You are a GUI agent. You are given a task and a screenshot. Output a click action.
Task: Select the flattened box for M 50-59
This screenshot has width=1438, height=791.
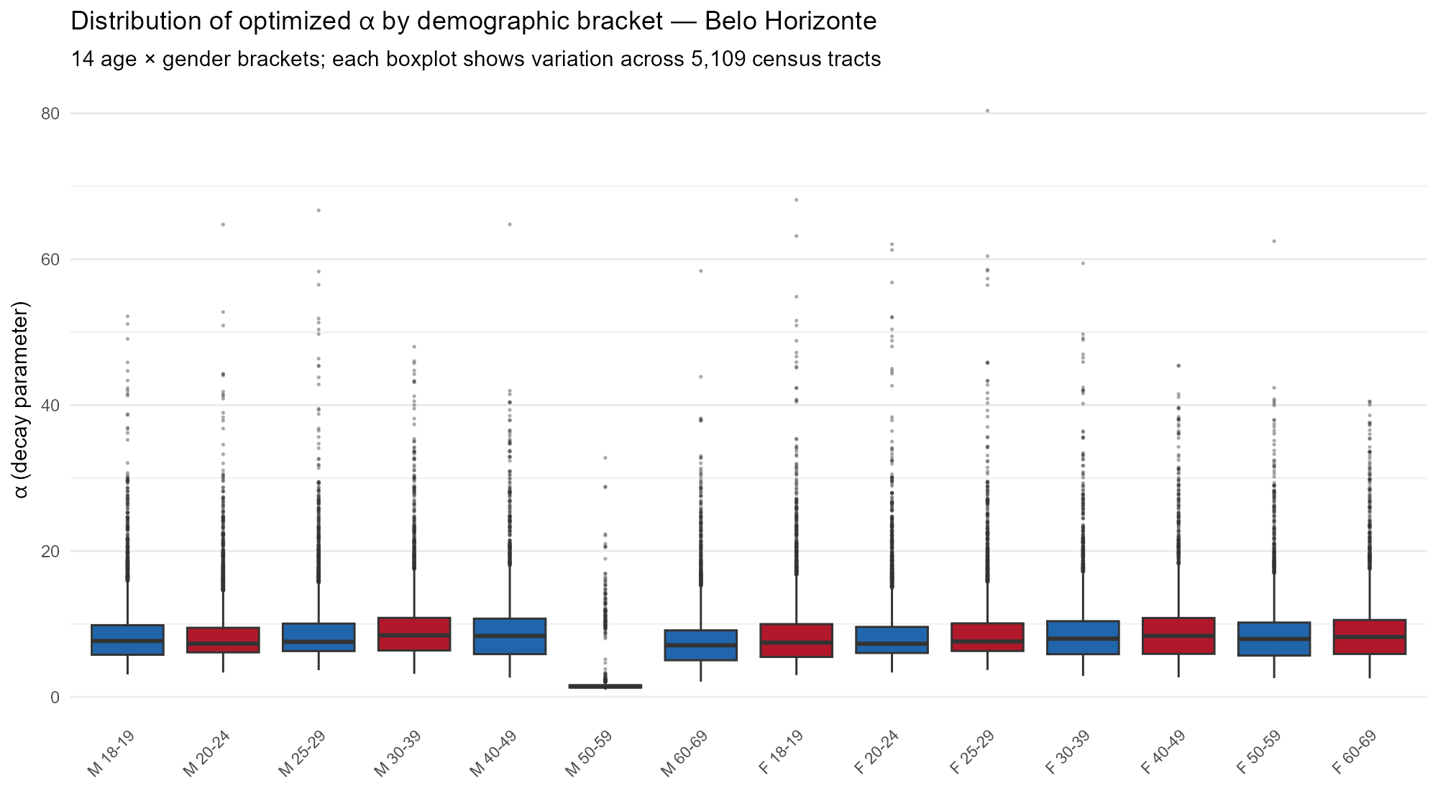[605, 686]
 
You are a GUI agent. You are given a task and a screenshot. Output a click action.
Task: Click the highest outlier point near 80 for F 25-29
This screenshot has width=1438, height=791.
[987, 111]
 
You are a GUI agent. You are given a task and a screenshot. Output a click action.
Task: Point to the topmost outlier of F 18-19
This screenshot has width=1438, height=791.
[796, 200]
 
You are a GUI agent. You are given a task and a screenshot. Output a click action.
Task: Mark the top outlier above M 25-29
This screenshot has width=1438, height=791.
[319, 211]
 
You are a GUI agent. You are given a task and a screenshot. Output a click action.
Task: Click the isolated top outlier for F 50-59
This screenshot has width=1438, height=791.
[1274, 242]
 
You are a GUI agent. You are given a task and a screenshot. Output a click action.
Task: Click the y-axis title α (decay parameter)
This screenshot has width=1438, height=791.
[22, 401]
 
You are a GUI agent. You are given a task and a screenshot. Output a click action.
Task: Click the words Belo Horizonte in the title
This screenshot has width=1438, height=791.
[790, 22]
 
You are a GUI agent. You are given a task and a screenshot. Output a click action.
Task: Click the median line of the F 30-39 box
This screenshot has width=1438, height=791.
[1083, 639]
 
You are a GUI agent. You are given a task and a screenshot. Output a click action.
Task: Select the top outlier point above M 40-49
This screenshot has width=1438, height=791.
[510, 224]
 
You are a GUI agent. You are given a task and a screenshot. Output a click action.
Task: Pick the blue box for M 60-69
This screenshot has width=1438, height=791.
[700, 645]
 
